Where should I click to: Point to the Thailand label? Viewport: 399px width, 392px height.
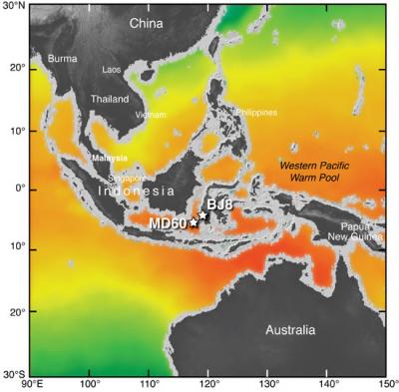point(109,100)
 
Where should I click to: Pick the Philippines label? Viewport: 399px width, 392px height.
point(256,113)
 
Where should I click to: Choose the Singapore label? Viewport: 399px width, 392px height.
point(130,178)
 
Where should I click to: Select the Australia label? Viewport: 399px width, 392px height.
point(290,330)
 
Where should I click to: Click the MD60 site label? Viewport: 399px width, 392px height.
point(168,223)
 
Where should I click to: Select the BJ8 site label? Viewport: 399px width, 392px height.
point(219,204)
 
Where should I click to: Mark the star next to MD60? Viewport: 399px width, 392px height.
point(194,222)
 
